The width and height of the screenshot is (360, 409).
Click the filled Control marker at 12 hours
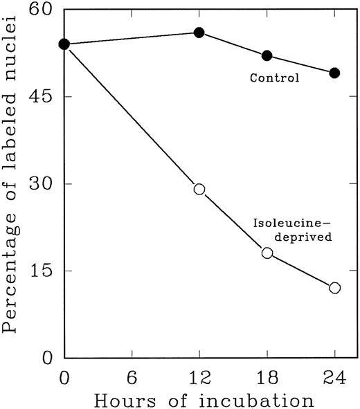click(x=199, y=33)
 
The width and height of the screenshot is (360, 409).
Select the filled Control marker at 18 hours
click(x=267, y=55)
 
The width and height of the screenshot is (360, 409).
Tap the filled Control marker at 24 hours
click(x=334, y=73)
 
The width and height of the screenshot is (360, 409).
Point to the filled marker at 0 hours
click(x=64, y=44)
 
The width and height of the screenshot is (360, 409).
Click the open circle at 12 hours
click(x=199, y=189)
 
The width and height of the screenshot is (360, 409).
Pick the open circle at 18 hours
click(x=267, y=253)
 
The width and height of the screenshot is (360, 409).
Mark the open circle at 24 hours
click(x=334, y=287)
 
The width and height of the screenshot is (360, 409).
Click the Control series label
click(x=274, y=78)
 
